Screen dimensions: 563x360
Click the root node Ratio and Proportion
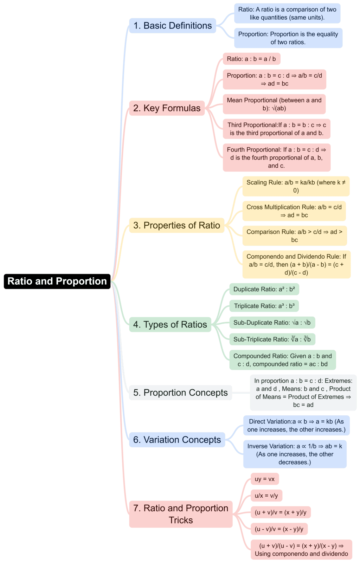point(57,281)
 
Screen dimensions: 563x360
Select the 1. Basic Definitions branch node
point(172,26)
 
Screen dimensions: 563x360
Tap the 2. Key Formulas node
point(167,108)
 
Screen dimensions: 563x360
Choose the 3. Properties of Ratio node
point(176,225)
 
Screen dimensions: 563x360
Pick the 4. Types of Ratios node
point(170,324)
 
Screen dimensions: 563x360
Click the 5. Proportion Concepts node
point(180,393)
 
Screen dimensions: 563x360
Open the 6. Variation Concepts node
point(177,440)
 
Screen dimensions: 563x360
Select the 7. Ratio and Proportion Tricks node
point(181,514)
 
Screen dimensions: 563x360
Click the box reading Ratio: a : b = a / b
point(251,59)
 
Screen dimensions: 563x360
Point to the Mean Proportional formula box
point(274,104)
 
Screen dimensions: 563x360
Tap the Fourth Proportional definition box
point(276,157)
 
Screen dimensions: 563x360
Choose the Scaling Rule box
point(296,186)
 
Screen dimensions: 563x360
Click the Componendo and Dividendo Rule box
point(296,264)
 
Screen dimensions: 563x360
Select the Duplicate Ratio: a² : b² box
point(264,289)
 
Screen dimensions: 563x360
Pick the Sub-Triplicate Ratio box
point(272,339)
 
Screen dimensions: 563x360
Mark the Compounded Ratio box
point(282,360)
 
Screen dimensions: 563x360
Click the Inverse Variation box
point(295,454)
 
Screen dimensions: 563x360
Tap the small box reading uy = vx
point(265,479)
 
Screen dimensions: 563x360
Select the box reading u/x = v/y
point(266,496)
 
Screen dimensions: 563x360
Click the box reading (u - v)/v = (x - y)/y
point(279,529)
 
